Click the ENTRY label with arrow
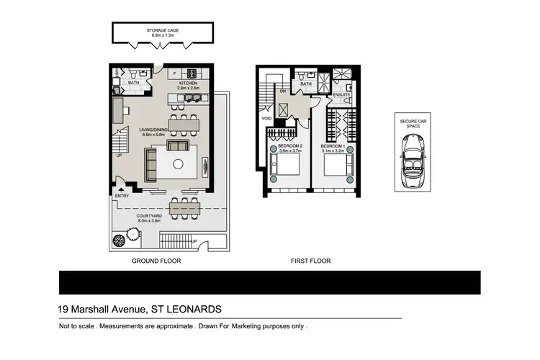[121, 195]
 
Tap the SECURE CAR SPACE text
[413, 123]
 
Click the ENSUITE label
[342, 94]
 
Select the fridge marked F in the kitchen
[174, 73]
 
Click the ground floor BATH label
[133, 83]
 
